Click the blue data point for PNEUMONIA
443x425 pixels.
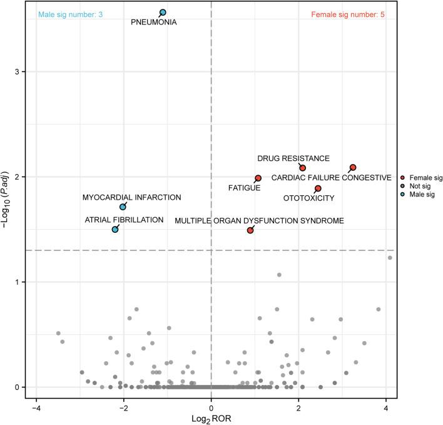click(163, 13)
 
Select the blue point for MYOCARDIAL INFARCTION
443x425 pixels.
click(123, 207)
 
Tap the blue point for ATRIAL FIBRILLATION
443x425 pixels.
click(115, 230)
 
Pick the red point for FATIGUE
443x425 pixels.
click(258, 178)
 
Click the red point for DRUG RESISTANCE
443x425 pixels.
click(303, 168)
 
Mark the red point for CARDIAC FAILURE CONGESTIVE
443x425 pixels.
click(353, 167)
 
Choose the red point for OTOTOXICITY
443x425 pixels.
click(318, 188)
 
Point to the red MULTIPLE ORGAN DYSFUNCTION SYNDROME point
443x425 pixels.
click(250, 230)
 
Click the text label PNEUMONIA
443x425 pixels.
click(153, 23)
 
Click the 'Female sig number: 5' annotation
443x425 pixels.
click(348, 14)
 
